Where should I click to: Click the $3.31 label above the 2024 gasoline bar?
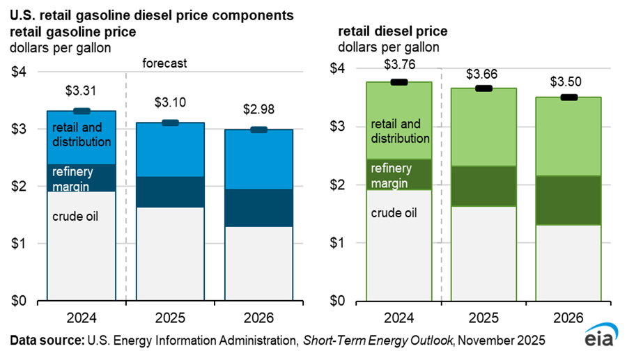click(82, 91)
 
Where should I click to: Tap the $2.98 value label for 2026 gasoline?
click(258, 109)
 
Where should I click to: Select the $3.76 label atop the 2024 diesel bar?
click(399, 65)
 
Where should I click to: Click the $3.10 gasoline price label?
click(170, 102)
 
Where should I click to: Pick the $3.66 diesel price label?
click(484, 73)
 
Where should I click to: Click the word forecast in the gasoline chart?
click(165, 63)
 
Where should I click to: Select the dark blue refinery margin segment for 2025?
click(170, 191)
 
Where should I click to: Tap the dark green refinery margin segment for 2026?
click(569, 200)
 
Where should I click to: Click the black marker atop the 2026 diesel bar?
click(569, 97)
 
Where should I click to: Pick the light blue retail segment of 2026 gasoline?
click(258, 159)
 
